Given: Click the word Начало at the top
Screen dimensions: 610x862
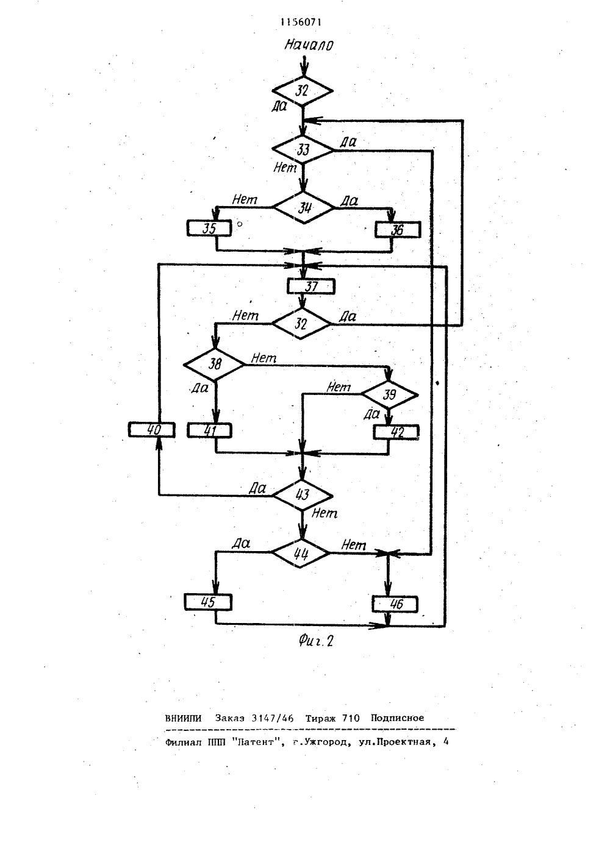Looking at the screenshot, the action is pyautogui.click(x=309, y=45).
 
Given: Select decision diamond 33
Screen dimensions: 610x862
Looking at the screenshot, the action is pyautogui.click(x=303, y=150).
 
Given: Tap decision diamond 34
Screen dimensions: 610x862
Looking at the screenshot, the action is pyautogui.click(x=304, y=208).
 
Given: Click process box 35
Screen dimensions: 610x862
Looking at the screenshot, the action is pyautogui.click(x=209, y=228).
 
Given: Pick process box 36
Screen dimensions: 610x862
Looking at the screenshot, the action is pyautogui.click(x=398, y=230).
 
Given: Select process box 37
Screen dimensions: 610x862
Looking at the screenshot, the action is pyautogui.click(x=311, y=287).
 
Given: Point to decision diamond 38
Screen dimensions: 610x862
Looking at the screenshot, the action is pyautogui.click(x=213, y=364).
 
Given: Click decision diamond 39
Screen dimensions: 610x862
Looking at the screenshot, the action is pyautogui.click(x=389, y=395).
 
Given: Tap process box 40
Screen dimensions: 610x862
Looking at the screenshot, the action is pyautogui.click(x=152, y=430).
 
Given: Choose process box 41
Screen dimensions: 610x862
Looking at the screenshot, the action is pyautogui.click(x=209, y=430).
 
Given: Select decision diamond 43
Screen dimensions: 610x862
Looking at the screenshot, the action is pyautogui.click(x=303, y=495).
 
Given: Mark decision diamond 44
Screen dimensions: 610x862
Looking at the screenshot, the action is pyautogui.click(x=301, y=553).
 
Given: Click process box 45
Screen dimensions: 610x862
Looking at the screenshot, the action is pyautogui.click(x=209, y=602).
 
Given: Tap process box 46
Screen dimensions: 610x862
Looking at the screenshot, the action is pyautogui.click(x=395, y=604).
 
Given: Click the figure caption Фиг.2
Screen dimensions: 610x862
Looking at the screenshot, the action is pyautogui.click(x=315, y=641).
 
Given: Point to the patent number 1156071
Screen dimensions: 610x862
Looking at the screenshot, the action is pyautogui.click(x=301, y=23).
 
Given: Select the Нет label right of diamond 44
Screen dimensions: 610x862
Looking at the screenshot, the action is pyautogui.click(x=354, y=544).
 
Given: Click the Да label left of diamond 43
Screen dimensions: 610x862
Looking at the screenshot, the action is pyautogui.click(x=257, y=488).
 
